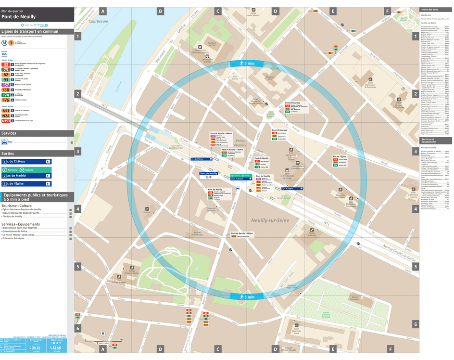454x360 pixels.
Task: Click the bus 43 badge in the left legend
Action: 6,64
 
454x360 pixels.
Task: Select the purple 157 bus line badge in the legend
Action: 6,84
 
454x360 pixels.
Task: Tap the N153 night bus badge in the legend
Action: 6,121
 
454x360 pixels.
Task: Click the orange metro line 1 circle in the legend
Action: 11,43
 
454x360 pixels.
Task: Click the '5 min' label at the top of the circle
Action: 249,64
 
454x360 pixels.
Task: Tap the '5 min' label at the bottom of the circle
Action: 249,297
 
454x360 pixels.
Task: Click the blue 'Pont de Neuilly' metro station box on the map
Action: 209,174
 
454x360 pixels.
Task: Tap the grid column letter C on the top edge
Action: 218,11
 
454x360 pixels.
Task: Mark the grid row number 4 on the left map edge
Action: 78,209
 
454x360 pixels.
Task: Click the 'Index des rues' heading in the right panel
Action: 429,10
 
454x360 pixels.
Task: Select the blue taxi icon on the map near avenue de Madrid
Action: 237,188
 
